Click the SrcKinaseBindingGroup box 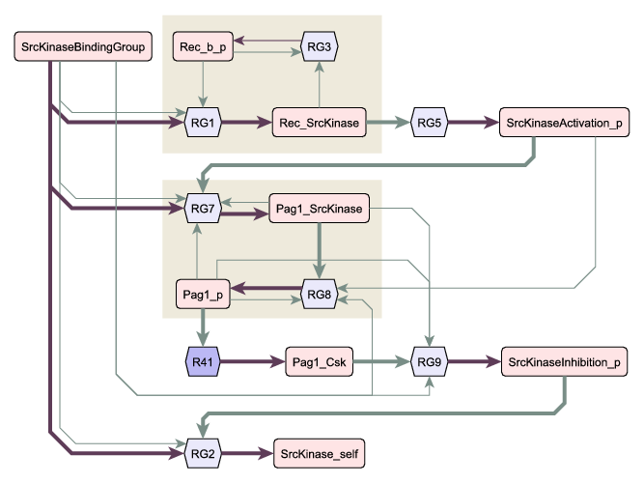pos(83,46)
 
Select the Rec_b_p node pos(203,46)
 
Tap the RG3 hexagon pos(320,46)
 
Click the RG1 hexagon pos(203,123)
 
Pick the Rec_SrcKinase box pos(320,123)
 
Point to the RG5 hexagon pos(430,123)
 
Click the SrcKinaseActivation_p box pos(564,123)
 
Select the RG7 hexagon pos(203,209)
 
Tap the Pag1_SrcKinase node pos(320,209)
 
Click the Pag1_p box pos(203,294)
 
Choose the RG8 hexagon pos(320,294)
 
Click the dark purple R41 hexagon pos(203,361)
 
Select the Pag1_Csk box pos(320,361)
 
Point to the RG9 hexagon pos(430,361)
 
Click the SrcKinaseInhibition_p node pos(564,361)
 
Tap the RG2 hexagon pos(203,453)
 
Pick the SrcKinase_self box pos(320,453)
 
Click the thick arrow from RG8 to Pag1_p pos(266,288)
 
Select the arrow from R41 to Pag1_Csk pos(252,361)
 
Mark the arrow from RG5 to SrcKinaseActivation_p pos(473,122)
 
